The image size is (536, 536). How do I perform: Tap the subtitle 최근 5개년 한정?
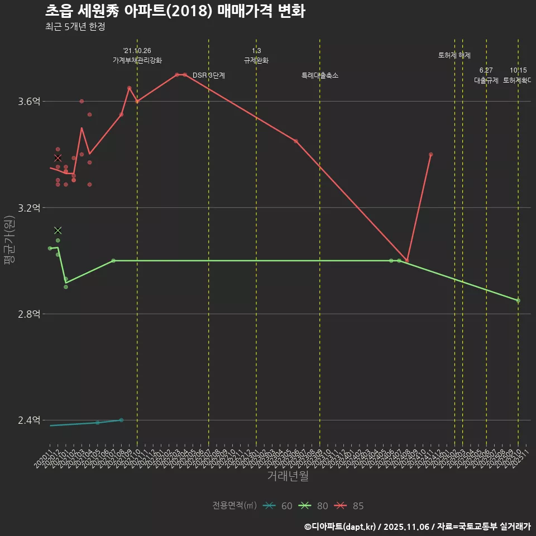(x=75, y=26)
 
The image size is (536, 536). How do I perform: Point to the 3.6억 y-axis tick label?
(x=30, y=101)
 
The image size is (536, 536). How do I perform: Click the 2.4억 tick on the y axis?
(x=30, y=420)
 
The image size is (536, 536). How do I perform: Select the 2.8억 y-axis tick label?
(x=30, y=314)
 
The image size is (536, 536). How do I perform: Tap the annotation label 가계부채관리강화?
(x=137, y=60)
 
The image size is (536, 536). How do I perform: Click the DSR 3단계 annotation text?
(x=209, y=75)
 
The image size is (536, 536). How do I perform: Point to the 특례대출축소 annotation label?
(x=320, y=75)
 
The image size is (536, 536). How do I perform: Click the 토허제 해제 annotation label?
(x=454, y=55)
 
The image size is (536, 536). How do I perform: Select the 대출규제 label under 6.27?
(x=486, y=80)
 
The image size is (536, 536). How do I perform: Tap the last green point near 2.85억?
(x=518, y=300)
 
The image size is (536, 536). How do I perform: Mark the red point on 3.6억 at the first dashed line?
(x=137, y=101)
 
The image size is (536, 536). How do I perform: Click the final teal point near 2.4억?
(x=121, y=420)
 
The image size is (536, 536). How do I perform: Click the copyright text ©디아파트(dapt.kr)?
(x=341, y=527)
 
